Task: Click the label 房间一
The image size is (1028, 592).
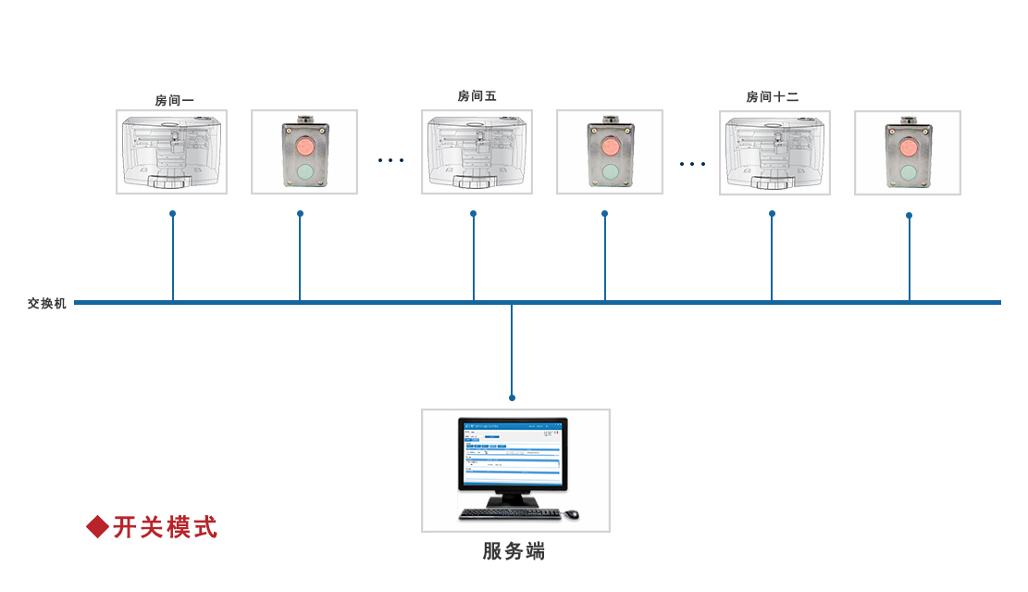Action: [x=174, y=101]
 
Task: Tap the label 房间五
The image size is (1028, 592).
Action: [x=477, y=96]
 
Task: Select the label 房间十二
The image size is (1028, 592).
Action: [x=772, y=97]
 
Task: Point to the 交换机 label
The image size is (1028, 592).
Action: [x=47, y=303]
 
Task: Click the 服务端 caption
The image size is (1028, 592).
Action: [x=514, y=551]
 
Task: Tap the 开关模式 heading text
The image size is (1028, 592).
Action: [x=165, y=527]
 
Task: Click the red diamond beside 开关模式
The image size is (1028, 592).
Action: [x=97, y=526]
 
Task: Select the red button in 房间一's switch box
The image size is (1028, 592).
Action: [x=304, y=145]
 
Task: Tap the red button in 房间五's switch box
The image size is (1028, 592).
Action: [x=610, y=146]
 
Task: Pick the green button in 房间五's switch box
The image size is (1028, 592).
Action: [x=610, y=171]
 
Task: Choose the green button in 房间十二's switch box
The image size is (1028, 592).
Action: [x=908, y=172]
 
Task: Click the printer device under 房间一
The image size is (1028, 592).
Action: [x=171, y=152]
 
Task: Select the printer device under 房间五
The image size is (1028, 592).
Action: [x=477, y=152]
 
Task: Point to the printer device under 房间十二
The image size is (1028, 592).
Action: [x=774, y=153]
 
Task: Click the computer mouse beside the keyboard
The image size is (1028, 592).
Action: [x=572, y=514]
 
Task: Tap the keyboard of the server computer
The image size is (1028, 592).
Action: [x=510, y=513]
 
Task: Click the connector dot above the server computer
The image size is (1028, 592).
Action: [x=512, y=397]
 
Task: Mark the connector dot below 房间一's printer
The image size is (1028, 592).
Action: [x=172, y=213]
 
